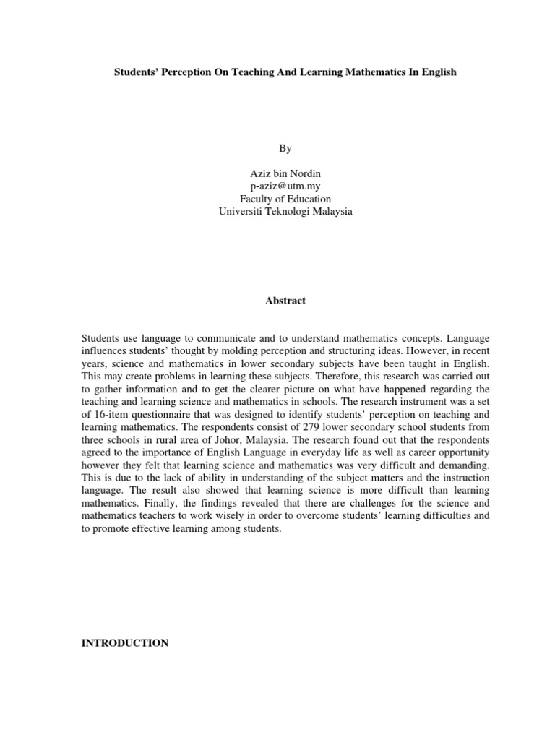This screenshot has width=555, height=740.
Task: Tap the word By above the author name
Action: pos(285,148)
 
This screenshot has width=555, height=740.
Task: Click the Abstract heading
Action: pos(285,301)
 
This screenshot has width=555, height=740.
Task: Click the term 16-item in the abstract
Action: pos(111,414)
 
